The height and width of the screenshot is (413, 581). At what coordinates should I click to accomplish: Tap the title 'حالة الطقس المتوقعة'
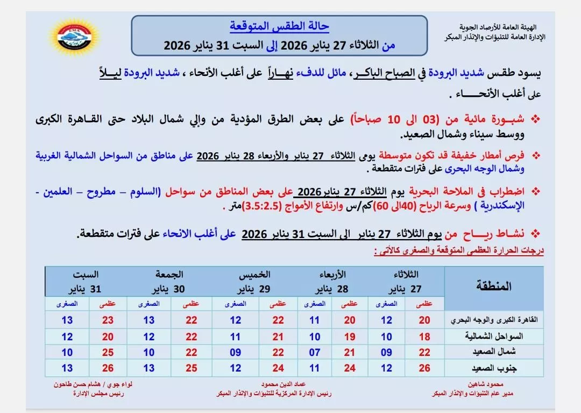pos(279,25)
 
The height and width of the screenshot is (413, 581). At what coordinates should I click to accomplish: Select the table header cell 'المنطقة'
pos(493,286)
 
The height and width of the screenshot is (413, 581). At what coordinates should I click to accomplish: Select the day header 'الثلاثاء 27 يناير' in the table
pos(401,282)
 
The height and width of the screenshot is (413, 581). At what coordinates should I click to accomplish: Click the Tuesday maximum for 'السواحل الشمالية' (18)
pos(425,337)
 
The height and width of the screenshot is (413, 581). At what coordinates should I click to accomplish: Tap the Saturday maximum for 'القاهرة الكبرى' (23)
pos(108,320)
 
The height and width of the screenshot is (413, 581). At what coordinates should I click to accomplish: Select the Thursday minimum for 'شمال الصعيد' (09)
pos(236,352)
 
